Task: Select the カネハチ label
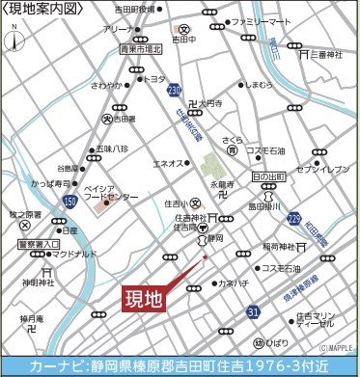coord(234,283)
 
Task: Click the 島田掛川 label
coord(265,205)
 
